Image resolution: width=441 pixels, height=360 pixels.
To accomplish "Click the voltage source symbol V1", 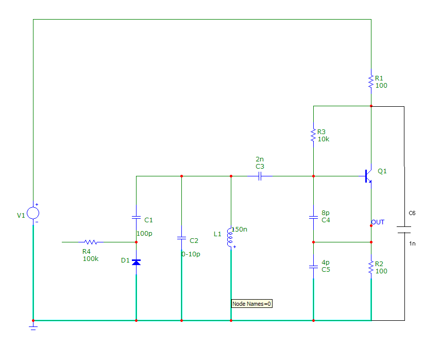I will point(33,212).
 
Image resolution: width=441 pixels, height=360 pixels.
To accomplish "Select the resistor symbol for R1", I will point(371,81).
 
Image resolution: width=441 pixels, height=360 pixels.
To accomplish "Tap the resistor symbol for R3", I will point(313,135).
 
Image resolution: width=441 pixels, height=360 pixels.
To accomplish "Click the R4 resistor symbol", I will point(91,241).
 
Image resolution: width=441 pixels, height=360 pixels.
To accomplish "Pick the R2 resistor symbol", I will point(371,267).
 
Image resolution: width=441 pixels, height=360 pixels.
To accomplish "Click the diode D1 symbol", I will point(136,262).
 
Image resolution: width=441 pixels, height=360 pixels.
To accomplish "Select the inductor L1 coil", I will point(230,239).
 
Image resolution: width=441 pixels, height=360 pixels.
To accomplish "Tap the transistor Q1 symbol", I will point(368,176).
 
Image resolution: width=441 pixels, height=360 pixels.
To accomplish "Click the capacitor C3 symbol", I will point(260,176).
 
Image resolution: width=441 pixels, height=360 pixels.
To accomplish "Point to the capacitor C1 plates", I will point(136,217).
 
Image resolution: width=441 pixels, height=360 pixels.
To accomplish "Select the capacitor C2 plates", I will point(181,238).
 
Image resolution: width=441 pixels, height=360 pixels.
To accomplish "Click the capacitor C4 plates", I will point(313,217).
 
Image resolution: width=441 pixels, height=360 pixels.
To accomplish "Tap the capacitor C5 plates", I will point(313,267).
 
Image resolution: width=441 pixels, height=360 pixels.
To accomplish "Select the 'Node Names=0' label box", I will point(251,304).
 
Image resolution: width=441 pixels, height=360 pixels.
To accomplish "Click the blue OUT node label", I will point(378,222).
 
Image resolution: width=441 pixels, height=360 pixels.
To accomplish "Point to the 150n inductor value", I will point(240,229).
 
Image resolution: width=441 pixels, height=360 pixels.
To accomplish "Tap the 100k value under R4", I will point(91,258).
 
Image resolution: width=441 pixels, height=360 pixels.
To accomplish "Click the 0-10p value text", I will point(191,254).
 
